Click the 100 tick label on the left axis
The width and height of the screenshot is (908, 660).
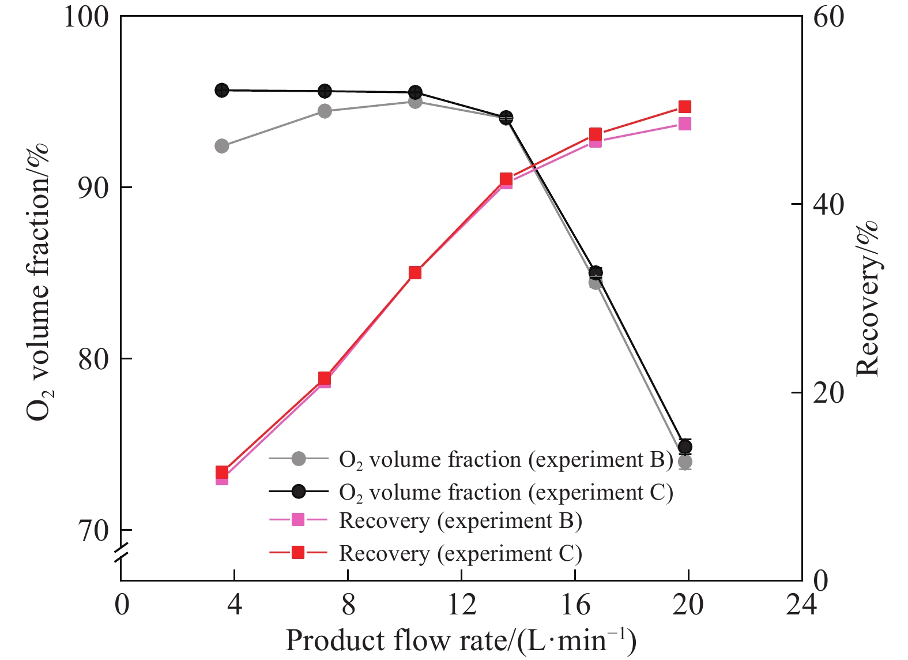85,17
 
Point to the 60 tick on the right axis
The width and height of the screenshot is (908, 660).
828,17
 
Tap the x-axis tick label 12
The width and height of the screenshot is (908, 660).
461,605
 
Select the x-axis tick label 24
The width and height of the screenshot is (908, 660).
801,605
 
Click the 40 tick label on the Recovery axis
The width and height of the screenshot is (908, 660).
828,205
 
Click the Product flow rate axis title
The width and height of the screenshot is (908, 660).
461,641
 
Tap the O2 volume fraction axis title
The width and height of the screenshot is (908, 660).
39,283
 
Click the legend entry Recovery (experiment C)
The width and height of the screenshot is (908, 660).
460,553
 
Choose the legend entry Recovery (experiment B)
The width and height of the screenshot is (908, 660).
460,520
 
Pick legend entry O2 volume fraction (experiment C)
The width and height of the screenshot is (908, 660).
506,492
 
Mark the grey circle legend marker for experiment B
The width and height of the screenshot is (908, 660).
298,459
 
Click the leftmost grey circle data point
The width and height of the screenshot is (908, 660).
222,146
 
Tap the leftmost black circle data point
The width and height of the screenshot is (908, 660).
222,90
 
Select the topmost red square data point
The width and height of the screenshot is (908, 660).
685,107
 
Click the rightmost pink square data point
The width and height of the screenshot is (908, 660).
685,123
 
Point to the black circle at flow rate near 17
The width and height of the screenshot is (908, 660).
596,272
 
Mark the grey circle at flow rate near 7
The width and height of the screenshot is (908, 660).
325,111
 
